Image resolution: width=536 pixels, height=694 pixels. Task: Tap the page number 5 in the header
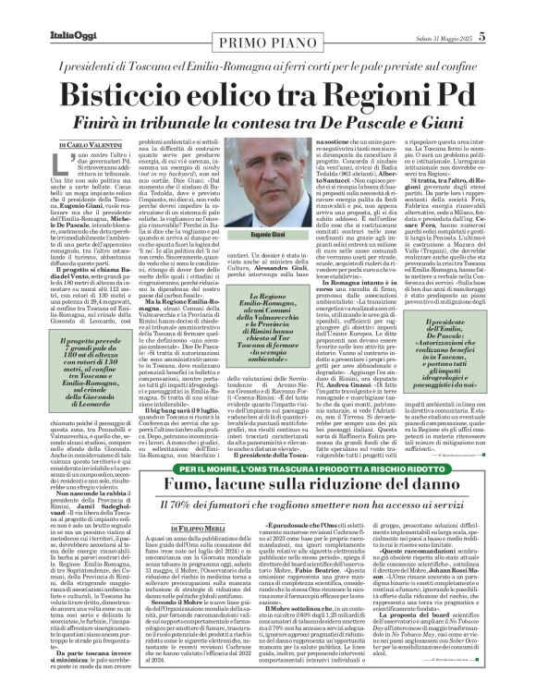pyautogui.click(x=509, y=36)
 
